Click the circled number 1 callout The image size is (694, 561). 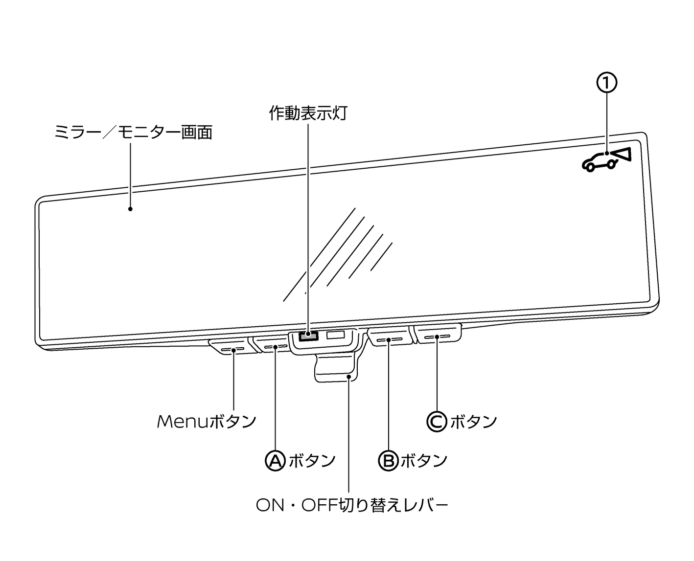pos(606,83)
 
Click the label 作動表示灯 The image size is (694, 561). pos(308,113)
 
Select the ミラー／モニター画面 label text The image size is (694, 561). pos(133,132)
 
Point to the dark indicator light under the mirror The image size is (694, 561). pos(308,336)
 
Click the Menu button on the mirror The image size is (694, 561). pos(232,349)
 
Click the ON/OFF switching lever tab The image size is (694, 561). pos(336,369)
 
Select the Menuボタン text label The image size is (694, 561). pos(207,421)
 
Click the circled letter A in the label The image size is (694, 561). pos(275,460)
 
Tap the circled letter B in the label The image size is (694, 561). pos(389,460)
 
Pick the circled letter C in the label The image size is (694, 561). pos(437,421)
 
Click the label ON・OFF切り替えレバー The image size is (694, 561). pos(352,505)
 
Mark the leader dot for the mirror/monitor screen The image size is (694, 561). pos(130,209)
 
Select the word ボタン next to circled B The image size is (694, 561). pos(424,460)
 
